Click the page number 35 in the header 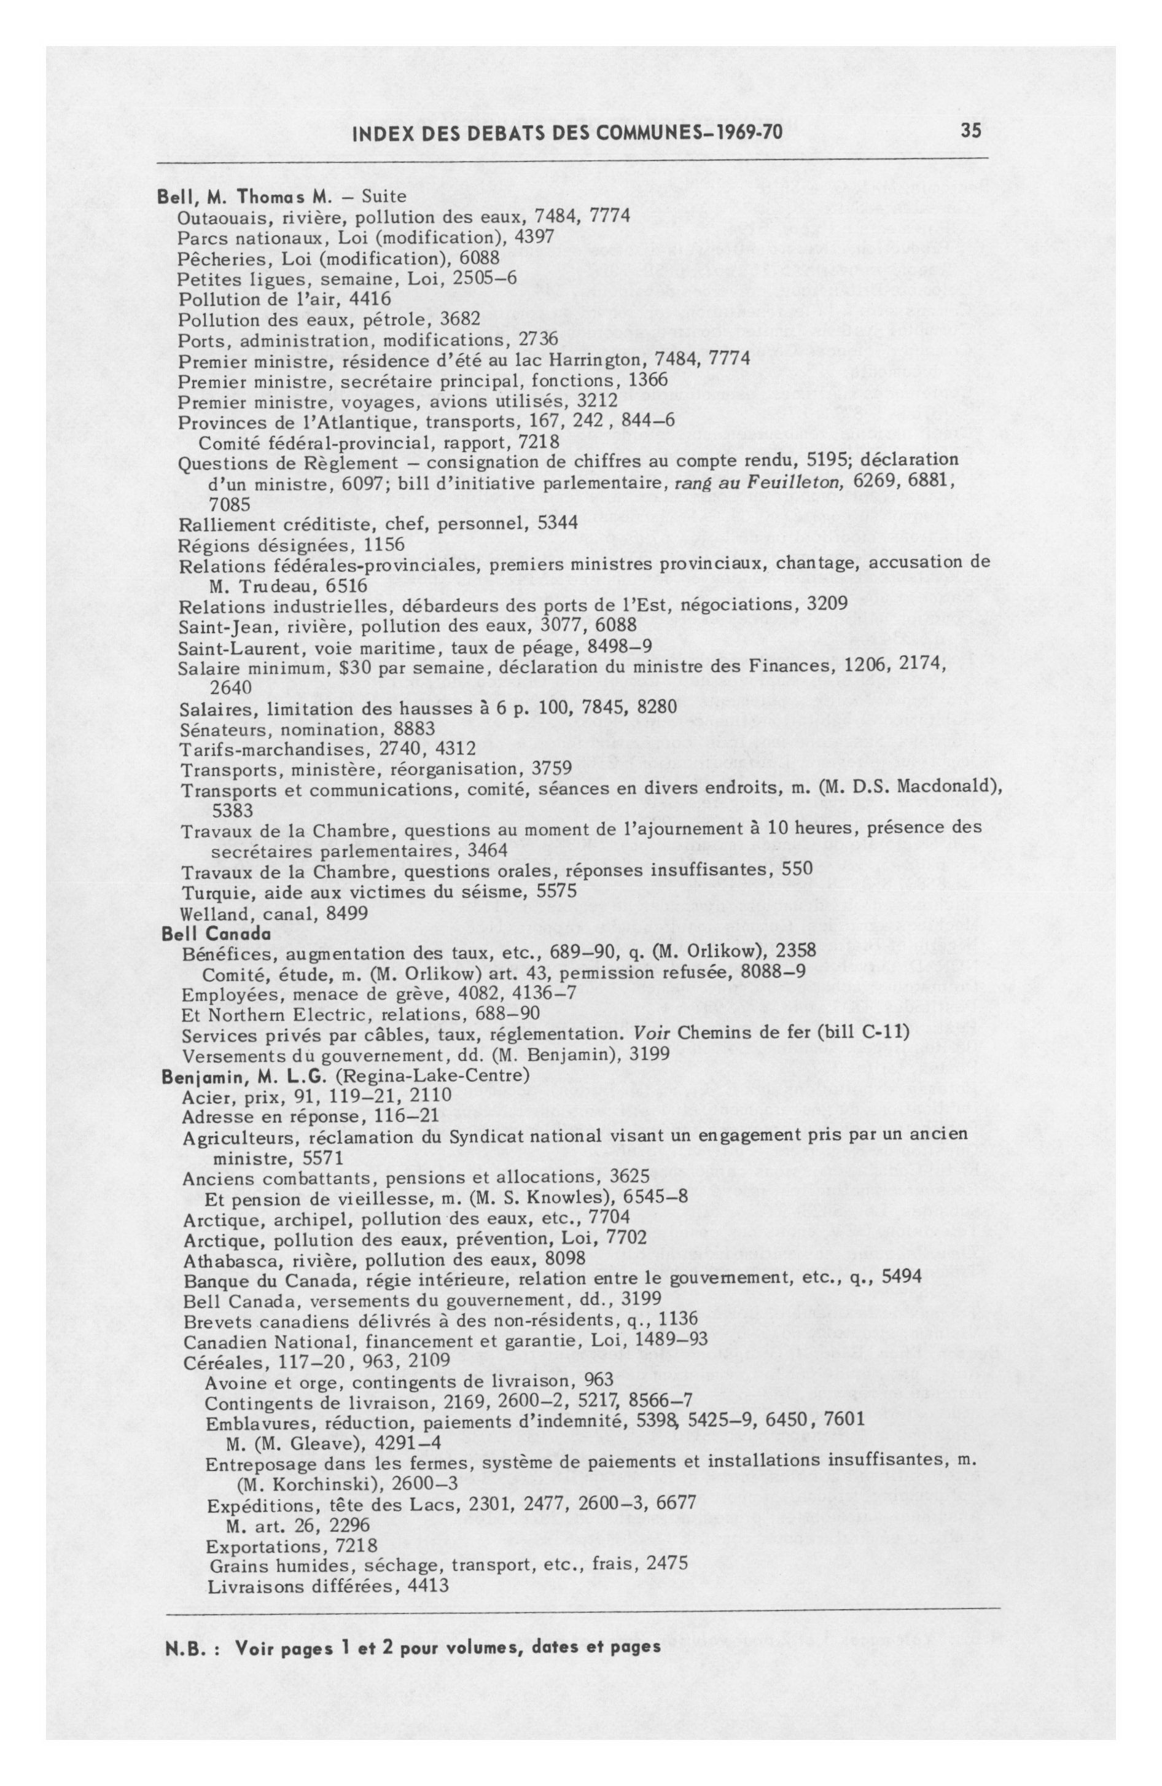pyautogui.click(x=970, y=130)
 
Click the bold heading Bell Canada pyautogui.click(x=216, y=934)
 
